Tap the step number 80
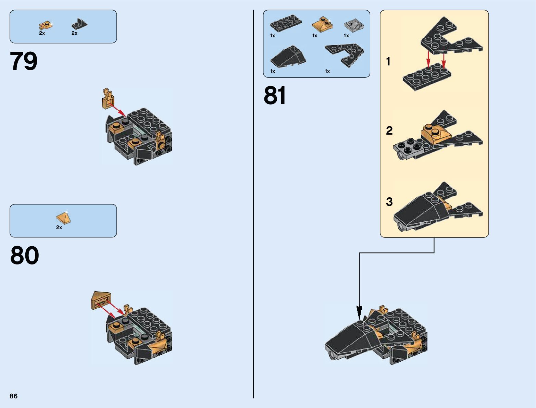pos(24,255)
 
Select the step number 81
pos(275,95)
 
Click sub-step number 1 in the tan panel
pos(388,61)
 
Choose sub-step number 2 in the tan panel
pos(389,131)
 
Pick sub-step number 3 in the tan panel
pos(389,202)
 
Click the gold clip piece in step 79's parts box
pos(46,25)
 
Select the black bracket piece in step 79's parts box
pos(79,24)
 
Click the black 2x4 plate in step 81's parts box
pos(286,23)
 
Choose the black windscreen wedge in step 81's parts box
pos(288,56)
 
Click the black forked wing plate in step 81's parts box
pos(345,55)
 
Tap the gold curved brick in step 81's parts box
pos(322,24)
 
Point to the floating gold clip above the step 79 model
pos(108,98)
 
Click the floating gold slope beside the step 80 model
pos(101,300)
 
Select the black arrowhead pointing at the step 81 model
pos(359,312)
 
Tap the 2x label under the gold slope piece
pos(59,227)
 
